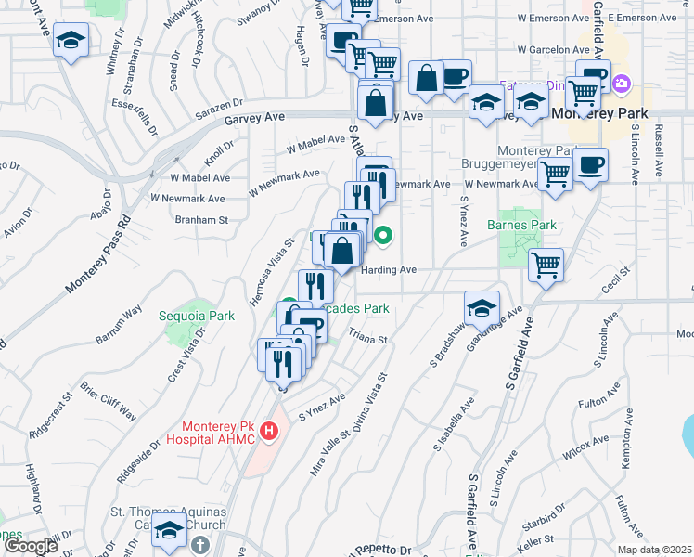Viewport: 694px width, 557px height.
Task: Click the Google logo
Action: (32, 546)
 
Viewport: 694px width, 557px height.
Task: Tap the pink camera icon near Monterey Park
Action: (622, 84)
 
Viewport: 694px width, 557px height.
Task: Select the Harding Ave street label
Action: (389, 270)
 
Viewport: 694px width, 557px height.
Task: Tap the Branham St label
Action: (201, 220)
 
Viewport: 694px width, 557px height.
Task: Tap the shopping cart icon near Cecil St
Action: (546, 265)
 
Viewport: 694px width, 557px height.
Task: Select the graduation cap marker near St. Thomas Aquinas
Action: (170, 532)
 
